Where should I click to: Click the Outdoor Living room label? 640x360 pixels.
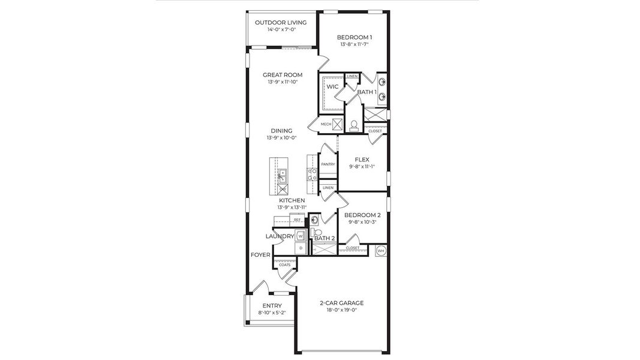click(281, 23)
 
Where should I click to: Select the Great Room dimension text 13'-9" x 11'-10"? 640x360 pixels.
click(283, 82)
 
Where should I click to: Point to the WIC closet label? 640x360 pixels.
click(332, 87)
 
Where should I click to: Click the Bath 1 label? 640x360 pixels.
click(366, 92)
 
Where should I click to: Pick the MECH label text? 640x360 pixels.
click(326, 124)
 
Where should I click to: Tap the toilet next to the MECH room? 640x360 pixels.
click(354, 125)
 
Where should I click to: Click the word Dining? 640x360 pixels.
click(281, 131)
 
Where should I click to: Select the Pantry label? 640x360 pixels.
click(327, 164)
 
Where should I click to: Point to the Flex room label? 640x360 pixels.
click(362, 160)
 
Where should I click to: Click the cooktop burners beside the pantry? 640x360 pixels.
click(313, 174)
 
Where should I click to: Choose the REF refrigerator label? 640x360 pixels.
click(297, 220)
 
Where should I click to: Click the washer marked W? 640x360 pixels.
click(300, 236)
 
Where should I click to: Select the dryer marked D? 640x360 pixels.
click(300, 248)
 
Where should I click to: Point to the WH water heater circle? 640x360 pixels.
click(380, 250)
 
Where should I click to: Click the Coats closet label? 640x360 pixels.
click(284, 265)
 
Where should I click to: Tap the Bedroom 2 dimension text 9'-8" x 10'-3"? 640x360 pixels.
click(362, 222)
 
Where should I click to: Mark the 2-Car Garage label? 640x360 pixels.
click(341, 303)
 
